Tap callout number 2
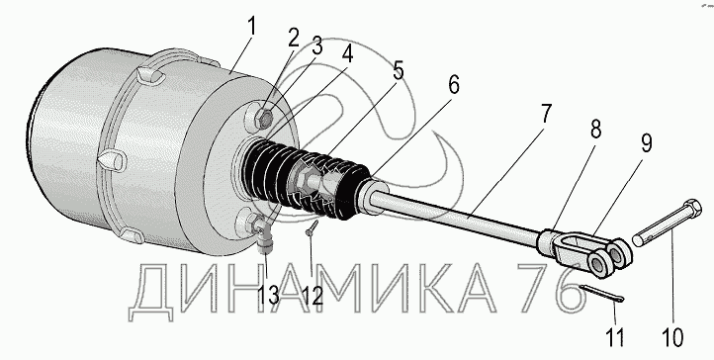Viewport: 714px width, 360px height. tap(294, 39)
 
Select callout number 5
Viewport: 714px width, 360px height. tap(399, 70)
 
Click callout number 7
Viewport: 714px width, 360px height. tap(545, 114)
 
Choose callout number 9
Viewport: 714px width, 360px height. tap(646, 142)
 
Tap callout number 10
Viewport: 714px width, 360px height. tap(673, 337)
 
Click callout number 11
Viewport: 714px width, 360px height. tap(615, 336)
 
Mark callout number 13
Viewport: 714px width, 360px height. tap(268, 296)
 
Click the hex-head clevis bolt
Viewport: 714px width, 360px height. tap(669, 223)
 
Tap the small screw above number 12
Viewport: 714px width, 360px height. tap(312, 228)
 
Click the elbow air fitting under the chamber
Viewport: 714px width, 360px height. tap(264, 233)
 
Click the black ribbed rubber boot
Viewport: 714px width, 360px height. tap(306, 183)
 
